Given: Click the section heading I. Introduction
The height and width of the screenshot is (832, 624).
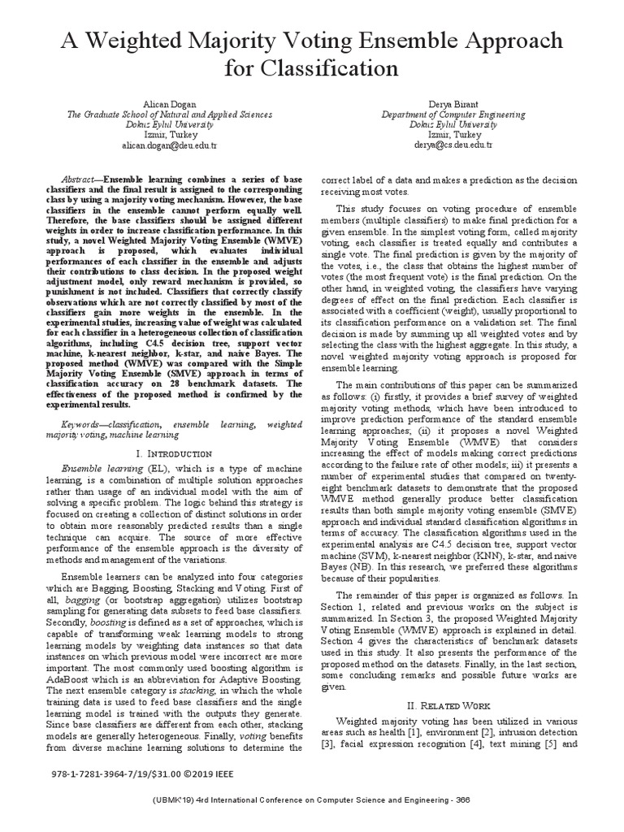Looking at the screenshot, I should point(174,453).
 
